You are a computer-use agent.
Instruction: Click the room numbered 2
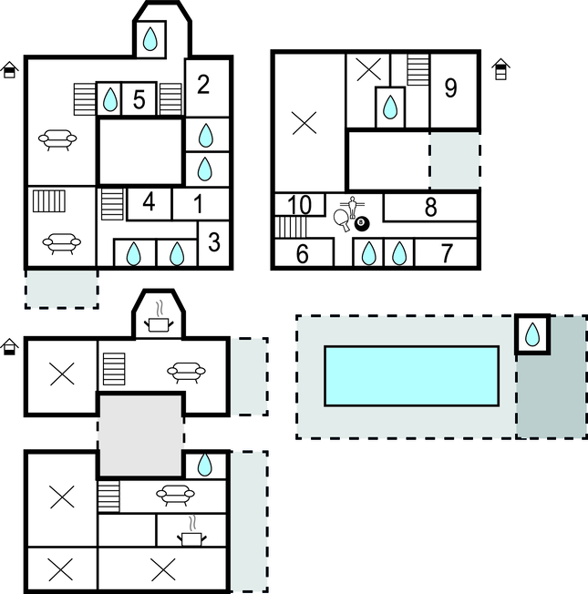pyautogui.click(x=207, y=87)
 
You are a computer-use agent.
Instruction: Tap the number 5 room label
pyautogui.click(x=139, y=99)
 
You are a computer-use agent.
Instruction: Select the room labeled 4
pyautogui.click(x=149, y=203)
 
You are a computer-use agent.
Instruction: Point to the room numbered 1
pyautogui.click(x=201, y=203)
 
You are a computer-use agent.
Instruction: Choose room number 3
pyautogui.click(x=214, y=243)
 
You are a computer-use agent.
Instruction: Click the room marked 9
pyautogui.click(x=453, y=90)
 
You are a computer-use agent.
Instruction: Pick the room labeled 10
pyautogui.click(x=300, y=205)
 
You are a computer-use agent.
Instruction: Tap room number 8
pyautogui.click(x=430, y=207)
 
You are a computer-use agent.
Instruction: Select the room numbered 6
pyautogui.click(x=304, y=252)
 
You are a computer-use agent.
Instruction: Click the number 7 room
pyautogui.click(x=446, y=252)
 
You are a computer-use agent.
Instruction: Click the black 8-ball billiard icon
pyautogui.click(x=362, y=224)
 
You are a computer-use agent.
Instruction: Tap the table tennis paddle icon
pyautogui.click(x=341, y=220)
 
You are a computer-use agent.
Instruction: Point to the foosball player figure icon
pyautogui.click(x=353, y=207)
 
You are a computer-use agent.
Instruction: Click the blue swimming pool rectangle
pyautogui.click(x=411, y=375)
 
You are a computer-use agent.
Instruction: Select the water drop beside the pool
pyautogui.click(x=532, y=334)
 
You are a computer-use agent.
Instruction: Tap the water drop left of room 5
pyautogui.click(x=110, y=99)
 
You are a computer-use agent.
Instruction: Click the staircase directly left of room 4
pyautogui.click(x=112, y=204)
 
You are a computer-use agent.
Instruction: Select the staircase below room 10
pyautogui.click(x=291, y=227)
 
